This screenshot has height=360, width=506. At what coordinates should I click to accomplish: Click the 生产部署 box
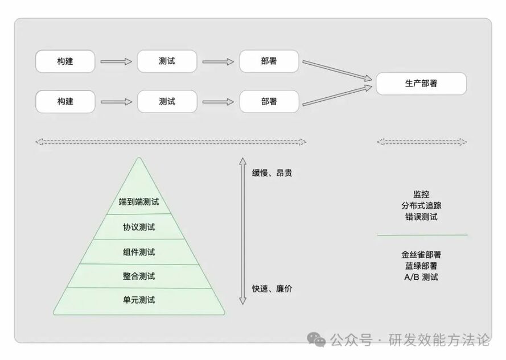pyautogui.click(x=421, y=84)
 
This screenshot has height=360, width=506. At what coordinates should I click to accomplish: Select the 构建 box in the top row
pyautogui.click(x=65, y=61)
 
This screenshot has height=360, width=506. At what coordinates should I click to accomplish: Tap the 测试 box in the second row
pyautogui.click(x=167, y=102)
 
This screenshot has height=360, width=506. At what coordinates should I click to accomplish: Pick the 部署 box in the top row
pyautogui.click(x=269, y=61)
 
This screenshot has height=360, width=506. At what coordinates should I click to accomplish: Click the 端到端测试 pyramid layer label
pyautogui.click(x=139, y=202)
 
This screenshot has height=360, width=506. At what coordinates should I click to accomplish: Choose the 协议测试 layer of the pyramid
pyautogui.click(x=139, y=227)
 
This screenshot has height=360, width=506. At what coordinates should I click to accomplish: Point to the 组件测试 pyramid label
pyautogui.click(x=139, y=252)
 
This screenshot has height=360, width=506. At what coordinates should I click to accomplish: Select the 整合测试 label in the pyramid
pyautogui.click(x=139, y=276)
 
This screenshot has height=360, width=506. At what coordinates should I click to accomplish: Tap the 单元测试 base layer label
pyautogui.click(x=139, y=300)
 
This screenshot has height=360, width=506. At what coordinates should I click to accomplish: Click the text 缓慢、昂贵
pyautogui.click(x=273, y=173)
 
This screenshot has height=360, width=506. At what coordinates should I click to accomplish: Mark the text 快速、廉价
pyautogui.click(x=273, y=289)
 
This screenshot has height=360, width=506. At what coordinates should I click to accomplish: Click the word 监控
pyautogui.click(x=421, y=195)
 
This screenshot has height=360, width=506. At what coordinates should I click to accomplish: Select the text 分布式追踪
pyautogui.click(x=421, y=205)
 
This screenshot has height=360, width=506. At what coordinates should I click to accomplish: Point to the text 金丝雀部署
pyautogui.click(x=421, y=254)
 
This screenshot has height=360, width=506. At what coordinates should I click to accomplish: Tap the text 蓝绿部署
pyautogui.click(x=421, y=266)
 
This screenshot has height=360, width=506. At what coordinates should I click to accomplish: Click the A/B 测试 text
pyautogui.click(x=421, y=277)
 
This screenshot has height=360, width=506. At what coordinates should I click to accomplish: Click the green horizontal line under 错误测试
pyautogui.click(x=421, y=235)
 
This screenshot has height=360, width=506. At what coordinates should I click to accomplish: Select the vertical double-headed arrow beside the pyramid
pyautogui.click(x=242, y=231)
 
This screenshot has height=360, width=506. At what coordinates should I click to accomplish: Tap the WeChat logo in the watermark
pyautogui.click(x=317, y=340)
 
